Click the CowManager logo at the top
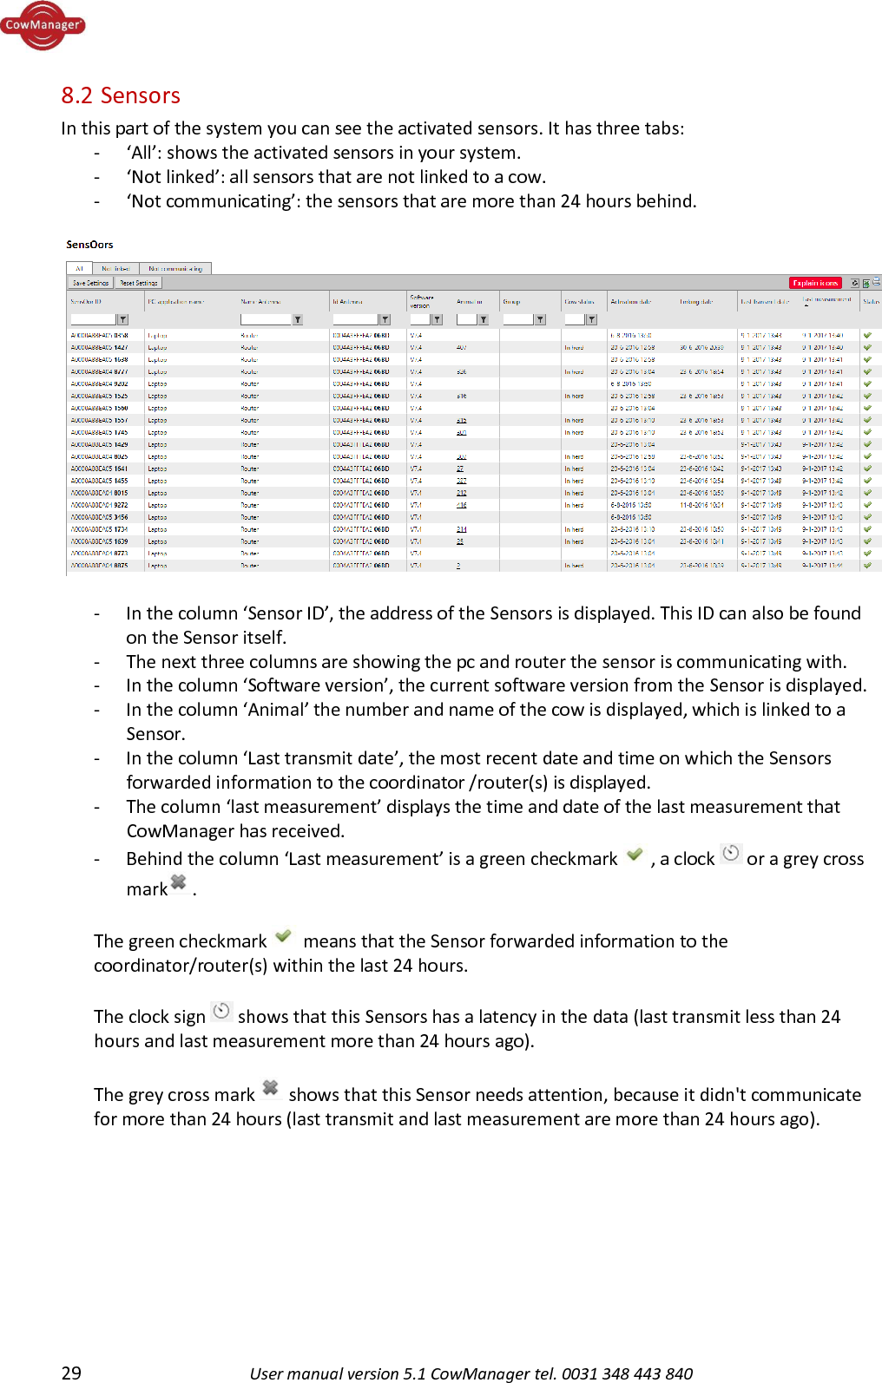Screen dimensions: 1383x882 tap(43, 25)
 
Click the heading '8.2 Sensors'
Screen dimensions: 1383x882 tap(121, 95)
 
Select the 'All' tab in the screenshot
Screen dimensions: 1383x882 tap(79, 269)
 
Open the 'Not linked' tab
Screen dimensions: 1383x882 tap(115, 269)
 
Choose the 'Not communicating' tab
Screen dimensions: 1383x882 tap(174, 269)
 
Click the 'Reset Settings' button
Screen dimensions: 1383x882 tap(139, 283)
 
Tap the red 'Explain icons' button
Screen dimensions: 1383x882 tap(815, 283)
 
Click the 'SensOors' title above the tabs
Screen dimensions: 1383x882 tap(89, 245)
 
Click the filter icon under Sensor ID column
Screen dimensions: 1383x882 tap(123, 319)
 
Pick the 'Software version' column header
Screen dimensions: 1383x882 tap(421, 301)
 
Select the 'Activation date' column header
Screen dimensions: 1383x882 tap(631, 302)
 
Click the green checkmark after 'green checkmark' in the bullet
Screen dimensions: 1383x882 tap(635, 855)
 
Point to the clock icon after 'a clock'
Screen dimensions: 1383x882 tap(732, 853)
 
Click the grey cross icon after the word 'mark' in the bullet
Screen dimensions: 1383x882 tap(179, 883)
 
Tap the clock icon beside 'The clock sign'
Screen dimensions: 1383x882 tap(222, 1011)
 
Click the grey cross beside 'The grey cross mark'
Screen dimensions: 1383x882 tap(271, 1088)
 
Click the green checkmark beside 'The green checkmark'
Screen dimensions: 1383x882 tap(283, 936)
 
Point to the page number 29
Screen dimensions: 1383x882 tap(71, 1373)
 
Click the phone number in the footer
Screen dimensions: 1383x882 tap(627, 1373)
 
